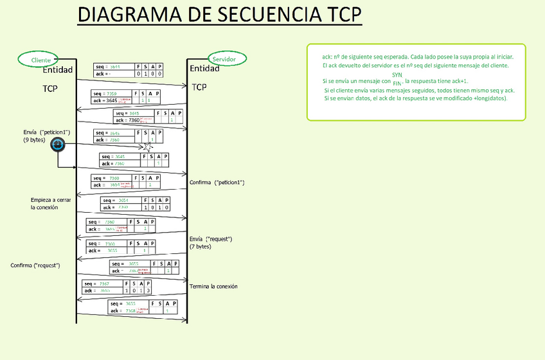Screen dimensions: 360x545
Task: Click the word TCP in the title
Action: pos(337,15)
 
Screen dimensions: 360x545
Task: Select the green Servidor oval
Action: pos(224,59)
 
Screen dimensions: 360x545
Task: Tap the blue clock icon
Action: pos(57,145)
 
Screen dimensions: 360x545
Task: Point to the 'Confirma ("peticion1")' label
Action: pos(217,183)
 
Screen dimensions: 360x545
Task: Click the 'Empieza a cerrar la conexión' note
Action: pos(51,204)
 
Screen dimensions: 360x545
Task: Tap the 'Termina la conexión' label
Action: pos(213,286)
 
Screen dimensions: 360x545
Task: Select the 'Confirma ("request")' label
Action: pos(35,265)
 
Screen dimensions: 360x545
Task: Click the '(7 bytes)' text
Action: pos(200,246)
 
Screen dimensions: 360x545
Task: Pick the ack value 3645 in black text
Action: pos(111,100)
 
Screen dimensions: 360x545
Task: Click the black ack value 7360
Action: pos(134,120)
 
